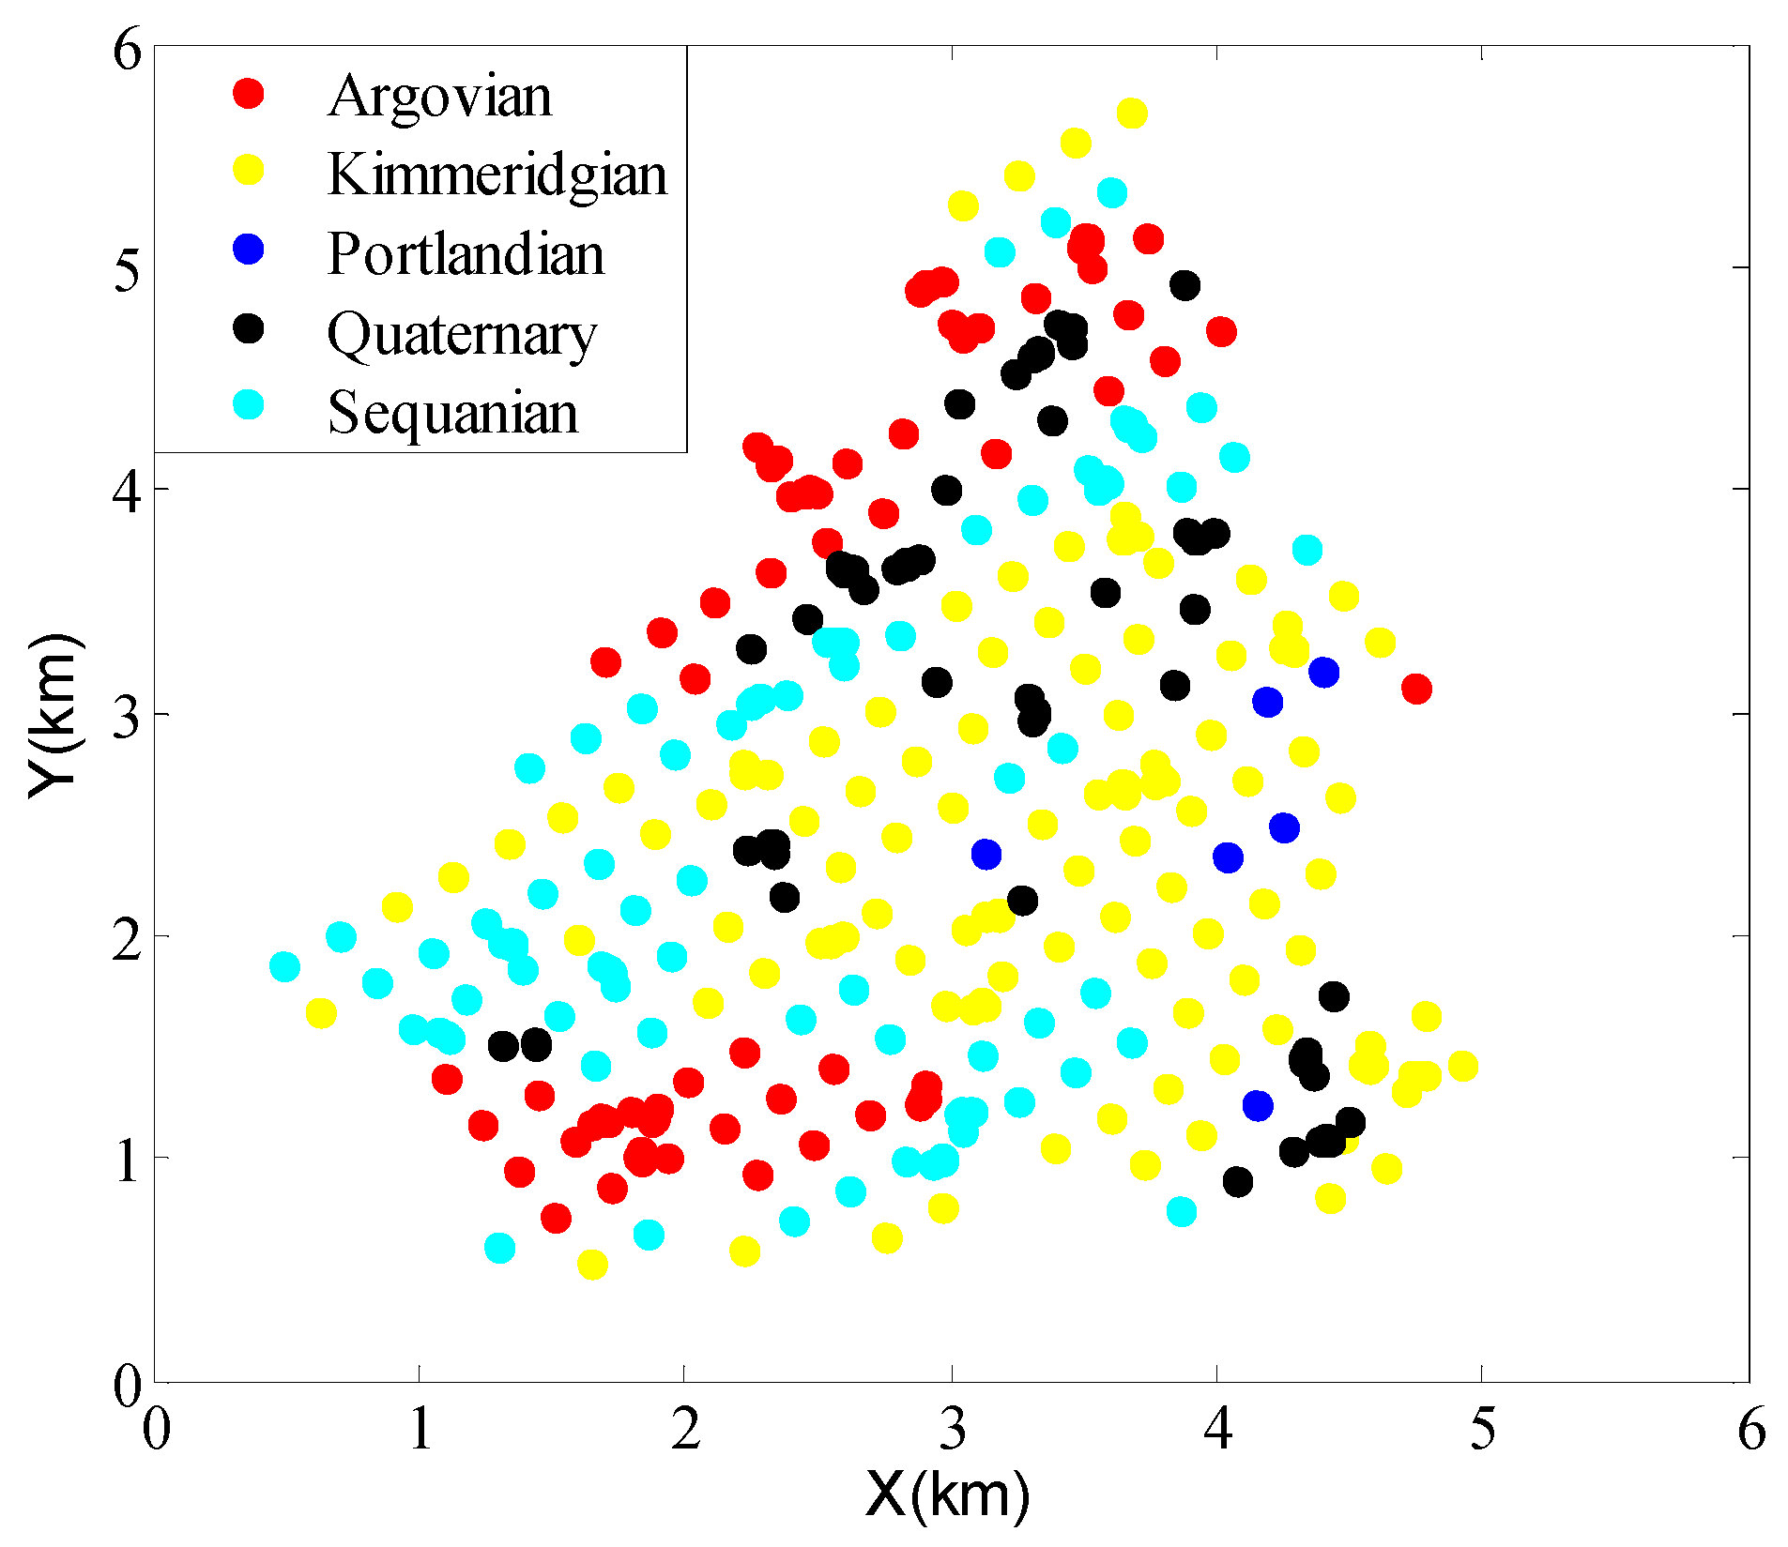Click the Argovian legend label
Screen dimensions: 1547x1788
click(x=439, y=96)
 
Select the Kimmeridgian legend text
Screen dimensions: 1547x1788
click(x=497, y=174)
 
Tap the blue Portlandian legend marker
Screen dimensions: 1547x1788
click(x=249, y=250)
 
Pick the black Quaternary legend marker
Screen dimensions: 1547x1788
click(x=249, y=328)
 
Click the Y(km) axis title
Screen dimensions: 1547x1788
click(x=53, y=715)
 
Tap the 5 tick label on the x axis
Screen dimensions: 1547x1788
click(x=1482, y=1430)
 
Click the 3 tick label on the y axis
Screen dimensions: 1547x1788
click(x=127, y=715)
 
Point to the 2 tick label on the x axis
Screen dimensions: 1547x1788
click(x=685, y=1430)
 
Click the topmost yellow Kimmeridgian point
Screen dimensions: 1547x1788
click(x=1132, y=114)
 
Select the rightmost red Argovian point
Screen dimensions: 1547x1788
click(x=1416, y=689)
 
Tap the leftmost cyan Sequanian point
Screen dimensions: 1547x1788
click(x=284, y=966)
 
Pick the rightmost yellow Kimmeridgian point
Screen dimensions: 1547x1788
click(x=1462, y=1066)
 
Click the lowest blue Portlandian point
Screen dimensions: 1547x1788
click(x=1258, y=1105)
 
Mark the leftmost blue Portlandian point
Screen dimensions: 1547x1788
click(x=986, y=855)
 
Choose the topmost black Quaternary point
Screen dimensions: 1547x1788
click(x=1184, y=285)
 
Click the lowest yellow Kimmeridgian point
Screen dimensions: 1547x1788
click(x=592, y=1265)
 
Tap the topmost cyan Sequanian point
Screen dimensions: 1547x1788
click(x=1111, y=193)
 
